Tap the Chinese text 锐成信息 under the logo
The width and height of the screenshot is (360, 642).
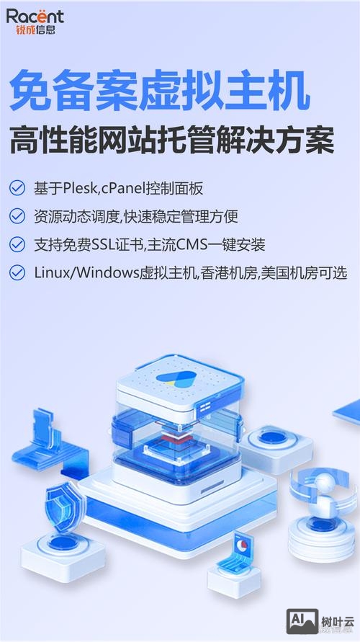(35, 31)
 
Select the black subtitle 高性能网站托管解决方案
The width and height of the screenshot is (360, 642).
(171, 141)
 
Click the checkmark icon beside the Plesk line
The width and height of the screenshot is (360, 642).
(17, 189)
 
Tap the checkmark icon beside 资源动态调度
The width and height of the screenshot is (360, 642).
(17, 216)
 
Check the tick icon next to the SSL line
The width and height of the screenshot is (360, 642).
(17, 244)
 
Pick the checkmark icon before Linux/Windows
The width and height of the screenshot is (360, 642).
(17, 272)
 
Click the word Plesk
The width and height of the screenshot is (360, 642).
(84, 189)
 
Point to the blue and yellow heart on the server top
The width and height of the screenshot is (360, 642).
(175, 380)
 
